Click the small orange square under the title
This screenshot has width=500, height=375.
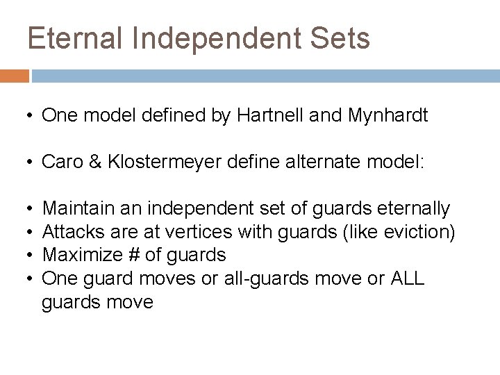15,76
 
